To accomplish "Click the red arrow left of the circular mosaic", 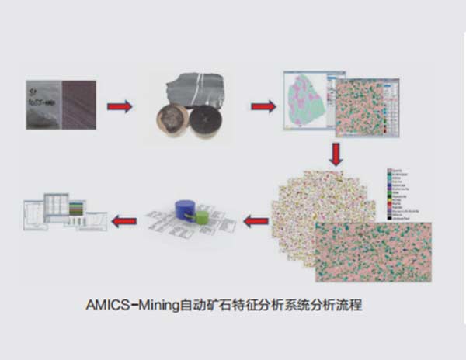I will (x=256, y=221).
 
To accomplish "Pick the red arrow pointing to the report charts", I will (x=124, y=221).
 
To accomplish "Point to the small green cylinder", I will (x=202, y=218).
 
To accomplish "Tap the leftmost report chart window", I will (x=36, y=216).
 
